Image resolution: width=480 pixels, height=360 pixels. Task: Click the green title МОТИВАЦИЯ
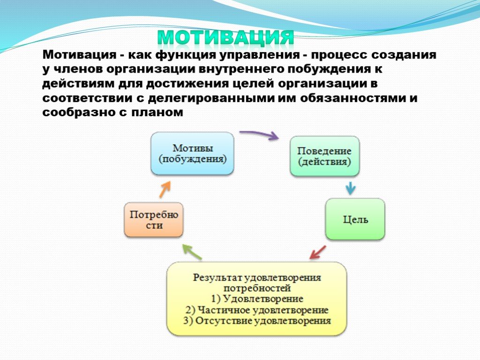[225, 38]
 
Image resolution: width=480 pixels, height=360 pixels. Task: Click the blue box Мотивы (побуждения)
[192, 153]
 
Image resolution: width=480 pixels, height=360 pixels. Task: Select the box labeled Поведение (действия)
[324, 156]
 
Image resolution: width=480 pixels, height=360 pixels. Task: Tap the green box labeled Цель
[355, 219]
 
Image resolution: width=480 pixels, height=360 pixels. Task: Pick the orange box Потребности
[154, 220]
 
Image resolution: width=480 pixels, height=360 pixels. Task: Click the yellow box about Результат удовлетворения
[256, 299]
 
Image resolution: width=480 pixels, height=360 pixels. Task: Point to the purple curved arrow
[259, 134]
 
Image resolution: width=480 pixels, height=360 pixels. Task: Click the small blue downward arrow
[351, 188]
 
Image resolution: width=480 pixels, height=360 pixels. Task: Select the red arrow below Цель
[317, 252]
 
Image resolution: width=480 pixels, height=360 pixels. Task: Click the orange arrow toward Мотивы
[165, 189]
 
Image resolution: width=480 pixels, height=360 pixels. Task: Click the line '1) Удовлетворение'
[257, 299]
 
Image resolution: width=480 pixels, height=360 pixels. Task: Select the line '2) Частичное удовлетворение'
[257, 310]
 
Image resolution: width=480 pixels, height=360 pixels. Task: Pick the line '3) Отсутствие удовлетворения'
[257, 321]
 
